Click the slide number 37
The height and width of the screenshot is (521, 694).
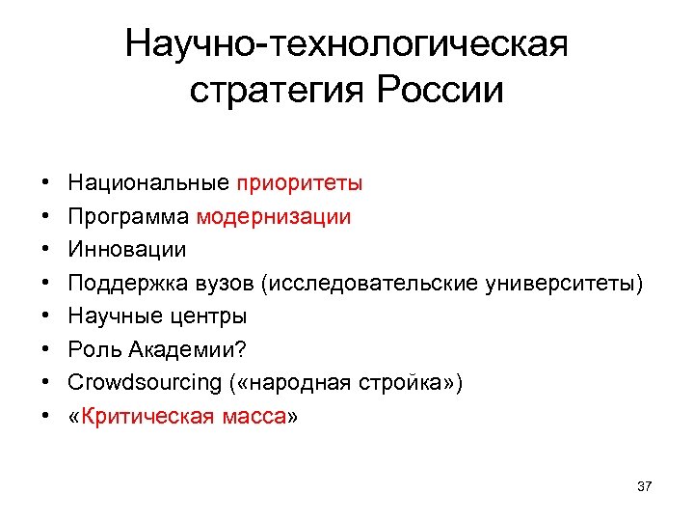pos(645,486)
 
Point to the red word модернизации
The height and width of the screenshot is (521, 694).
pos(274,216)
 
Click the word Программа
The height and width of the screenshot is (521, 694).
pos(129,216)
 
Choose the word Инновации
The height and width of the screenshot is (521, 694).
pos(127,249)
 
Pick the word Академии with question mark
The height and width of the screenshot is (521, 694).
pos(183,349)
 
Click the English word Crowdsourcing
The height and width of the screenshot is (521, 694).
pos(145,383)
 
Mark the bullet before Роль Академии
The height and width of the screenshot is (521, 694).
pos(45,350)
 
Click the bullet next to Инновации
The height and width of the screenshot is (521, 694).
pos(45,250)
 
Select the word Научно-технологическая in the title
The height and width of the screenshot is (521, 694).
pos(347,43)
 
